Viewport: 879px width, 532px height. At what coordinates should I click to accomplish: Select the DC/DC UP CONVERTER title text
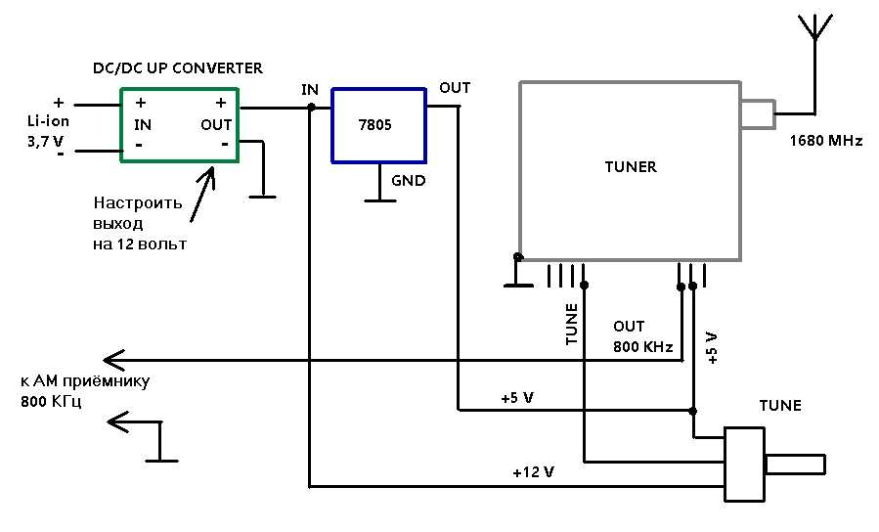point(178,68)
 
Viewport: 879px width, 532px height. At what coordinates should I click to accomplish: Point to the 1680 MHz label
point(826,140)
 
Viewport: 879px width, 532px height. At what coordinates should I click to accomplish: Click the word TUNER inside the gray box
point(631,166)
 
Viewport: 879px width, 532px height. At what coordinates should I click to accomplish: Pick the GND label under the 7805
point(408,181)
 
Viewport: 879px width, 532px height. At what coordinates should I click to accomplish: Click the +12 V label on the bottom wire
point(533,472)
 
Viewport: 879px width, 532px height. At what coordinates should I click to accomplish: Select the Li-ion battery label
point(48,121)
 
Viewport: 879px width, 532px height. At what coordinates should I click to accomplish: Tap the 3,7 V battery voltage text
point(45,141)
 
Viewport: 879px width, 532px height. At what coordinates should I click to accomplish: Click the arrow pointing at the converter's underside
point(201,194)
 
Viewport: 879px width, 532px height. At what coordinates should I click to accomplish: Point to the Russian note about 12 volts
point(140,223)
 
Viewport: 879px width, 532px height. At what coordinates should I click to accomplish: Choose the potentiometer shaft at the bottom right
point(795,465)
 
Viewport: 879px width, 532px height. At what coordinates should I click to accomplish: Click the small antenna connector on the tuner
point(758,114)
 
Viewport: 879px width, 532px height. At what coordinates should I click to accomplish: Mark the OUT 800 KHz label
point(642,336)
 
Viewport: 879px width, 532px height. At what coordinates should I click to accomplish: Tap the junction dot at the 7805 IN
point(311,107)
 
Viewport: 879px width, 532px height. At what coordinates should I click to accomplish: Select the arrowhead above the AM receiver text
point(113,359)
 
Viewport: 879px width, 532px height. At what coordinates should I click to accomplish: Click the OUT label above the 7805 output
point(455,87)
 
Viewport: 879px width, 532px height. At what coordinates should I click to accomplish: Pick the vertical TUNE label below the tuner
point(571,324)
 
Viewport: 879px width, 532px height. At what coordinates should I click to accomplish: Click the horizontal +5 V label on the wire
point(517,398)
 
